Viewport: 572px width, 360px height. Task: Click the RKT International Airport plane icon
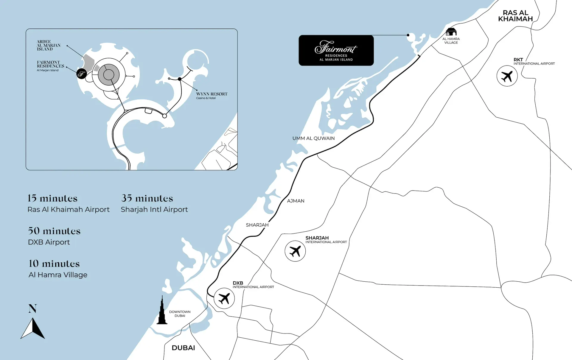tap(507, 76)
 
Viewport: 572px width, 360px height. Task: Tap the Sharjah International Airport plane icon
tap(295, 251)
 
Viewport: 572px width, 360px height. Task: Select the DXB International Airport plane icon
tap(224, 298)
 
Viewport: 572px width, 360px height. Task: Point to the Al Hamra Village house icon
tap(451, 32)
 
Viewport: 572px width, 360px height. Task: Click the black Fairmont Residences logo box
tap(336, 50)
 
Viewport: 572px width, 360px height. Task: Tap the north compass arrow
tap(33, 328)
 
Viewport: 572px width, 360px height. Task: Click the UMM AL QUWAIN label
tap(313, 138)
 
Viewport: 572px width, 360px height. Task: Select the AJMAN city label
tap(296, 201)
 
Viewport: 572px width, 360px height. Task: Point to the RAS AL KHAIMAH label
tap(515, 16)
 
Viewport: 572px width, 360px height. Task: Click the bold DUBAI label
tap(183, 348)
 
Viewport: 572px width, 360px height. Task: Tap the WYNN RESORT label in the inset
tap(212, 94)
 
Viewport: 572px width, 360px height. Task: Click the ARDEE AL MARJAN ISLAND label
tap(48, 45)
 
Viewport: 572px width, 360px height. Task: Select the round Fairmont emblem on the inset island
tap(82, 74)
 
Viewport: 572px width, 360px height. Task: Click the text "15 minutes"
tap(52, 198)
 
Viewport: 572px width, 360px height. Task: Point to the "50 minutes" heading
tap(54, 231)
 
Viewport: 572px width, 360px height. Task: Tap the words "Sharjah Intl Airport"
tap(154, 210)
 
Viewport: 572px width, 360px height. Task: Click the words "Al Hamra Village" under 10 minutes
tap(58, 275)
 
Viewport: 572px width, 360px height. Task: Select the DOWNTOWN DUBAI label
tap(180, 314)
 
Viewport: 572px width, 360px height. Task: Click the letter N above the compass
tap(32, 308)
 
